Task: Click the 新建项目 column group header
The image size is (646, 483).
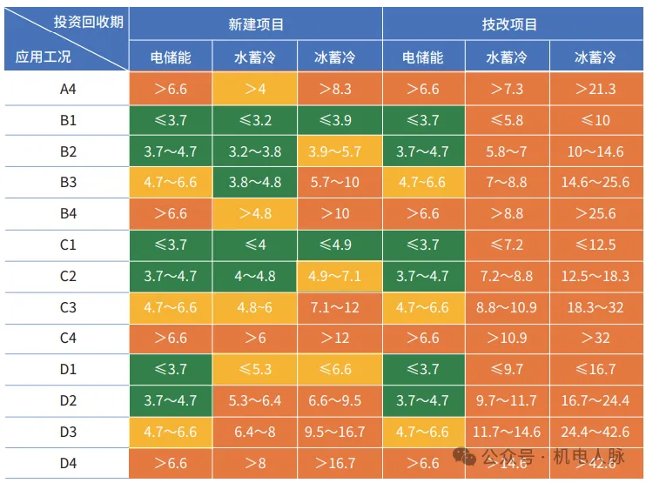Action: tap(256, 24)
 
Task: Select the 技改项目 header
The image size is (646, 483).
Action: tap(510, 24)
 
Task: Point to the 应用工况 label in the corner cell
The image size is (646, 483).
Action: tap(43, 58)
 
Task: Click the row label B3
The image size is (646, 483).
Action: tap(68, 183)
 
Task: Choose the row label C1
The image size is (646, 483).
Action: tap(68, 245)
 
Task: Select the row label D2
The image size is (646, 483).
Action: tap(68, 400)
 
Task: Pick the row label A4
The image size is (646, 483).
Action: tap(68, 89)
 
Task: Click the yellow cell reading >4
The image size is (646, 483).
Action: tap(255, 89)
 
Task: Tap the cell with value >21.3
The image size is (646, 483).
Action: tap(596, 89)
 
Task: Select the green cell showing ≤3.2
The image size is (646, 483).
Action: tap(255, 120)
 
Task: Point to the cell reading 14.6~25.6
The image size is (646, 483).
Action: tap(596, 183)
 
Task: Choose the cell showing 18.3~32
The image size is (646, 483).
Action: tap(596, 307)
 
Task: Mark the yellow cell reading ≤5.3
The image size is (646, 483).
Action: tap(255, 369)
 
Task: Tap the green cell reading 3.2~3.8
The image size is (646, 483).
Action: tap(255, 151)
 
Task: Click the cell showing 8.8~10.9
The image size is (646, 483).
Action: tap(507, 307)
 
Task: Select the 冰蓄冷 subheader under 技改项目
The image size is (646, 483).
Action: tap(596, 58)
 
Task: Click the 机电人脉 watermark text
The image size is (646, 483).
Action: tap(592, 457)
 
